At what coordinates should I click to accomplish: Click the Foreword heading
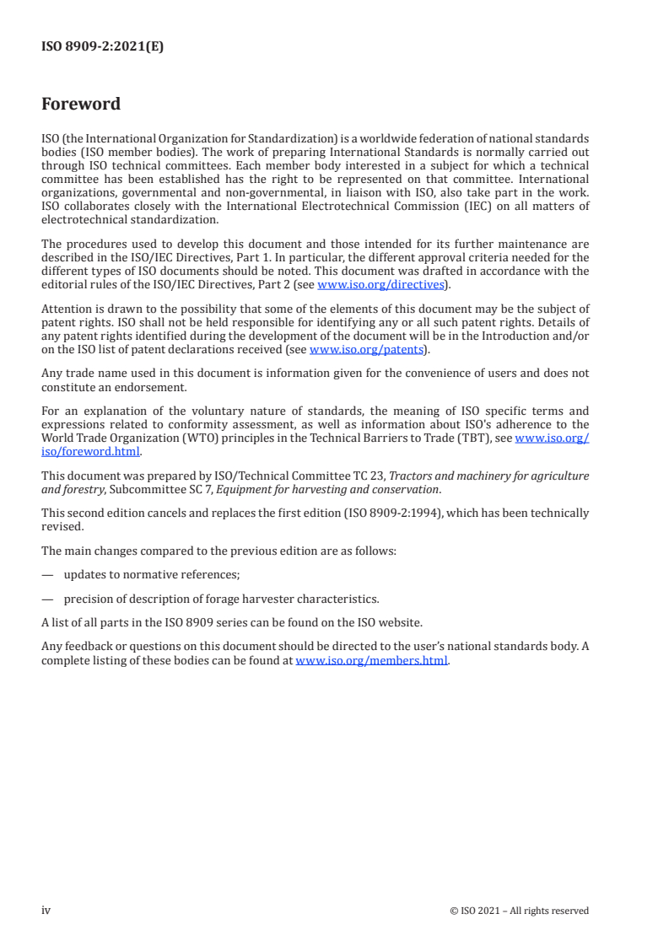pyautogui.click(x=81, y=105)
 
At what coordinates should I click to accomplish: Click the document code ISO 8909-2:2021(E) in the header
pyautogui.click(x=102, y=47)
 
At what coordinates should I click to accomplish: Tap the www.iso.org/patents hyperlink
pyautogui.click(x=367, y=349)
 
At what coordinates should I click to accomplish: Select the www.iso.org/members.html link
pyautogui.click(x=372, y=661)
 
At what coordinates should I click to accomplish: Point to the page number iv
pyautogui.click(x=46, y=911)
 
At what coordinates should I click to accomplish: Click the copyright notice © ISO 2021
pyautogui.click(x=519, y=911)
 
